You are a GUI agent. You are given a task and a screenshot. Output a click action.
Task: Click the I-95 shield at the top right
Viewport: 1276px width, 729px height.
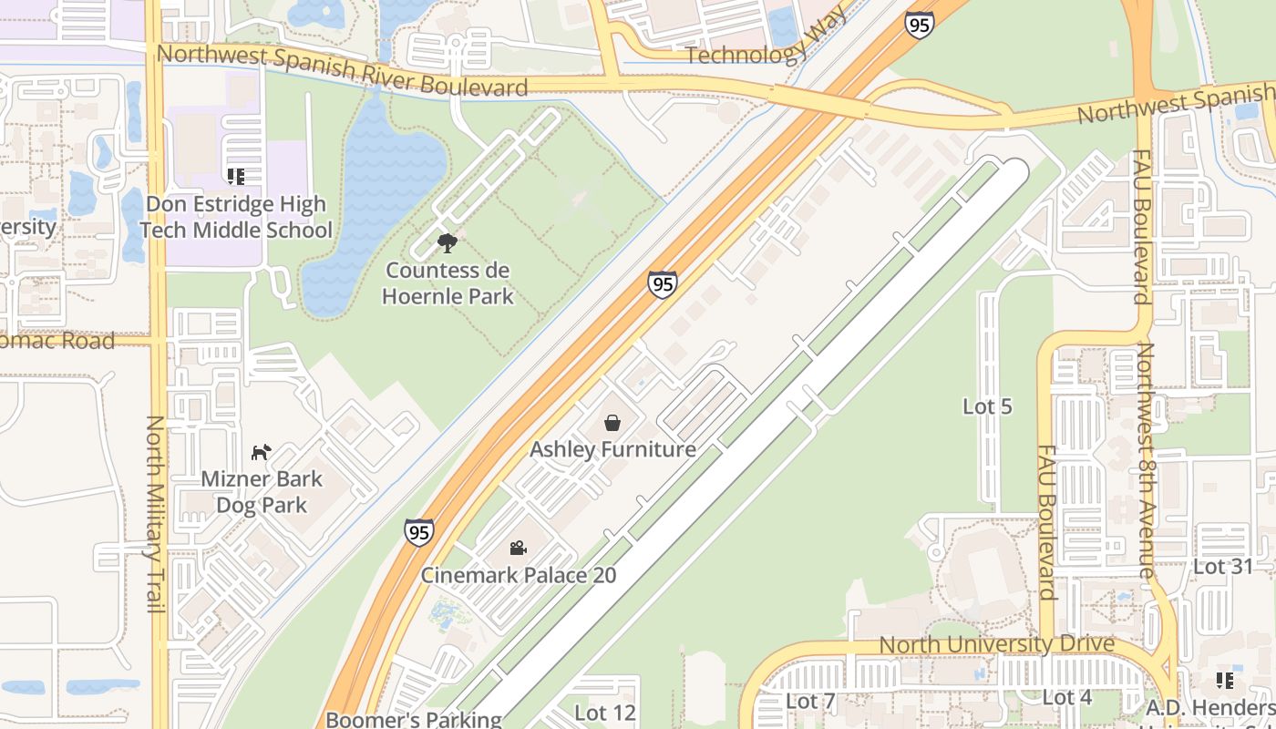click(x=920, y=24)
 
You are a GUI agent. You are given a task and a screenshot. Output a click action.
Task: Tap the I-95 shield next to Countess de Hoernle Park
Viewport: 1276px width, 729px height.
click(x=663, y=283)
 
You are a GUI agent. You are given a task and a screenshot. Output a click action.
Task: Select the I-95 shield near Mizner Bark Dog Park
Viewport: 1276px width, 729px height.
click(x=419, y=531)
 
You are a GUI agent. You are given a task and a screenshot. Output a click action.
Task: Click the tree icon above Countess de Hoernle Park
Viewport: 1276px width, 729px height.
click(x=447, y=243)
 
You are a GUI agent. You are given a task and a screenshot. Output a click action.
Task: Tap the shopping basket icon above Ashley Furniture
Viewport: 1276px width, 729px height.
click(x=612, y=423)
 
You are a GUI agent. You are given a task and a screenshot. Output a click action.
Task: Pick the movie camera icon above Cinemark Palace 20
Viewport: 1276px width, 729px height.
click(x=518, y=548)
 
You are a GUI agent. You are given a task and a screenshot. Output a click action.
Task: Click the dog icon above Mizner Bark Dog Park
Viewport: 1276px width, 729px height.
click(x=262, y=452)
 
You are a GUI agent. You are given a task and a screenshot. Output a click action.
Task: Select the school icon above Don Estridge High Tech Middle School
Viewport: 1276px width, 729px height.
click(x=236, y=176)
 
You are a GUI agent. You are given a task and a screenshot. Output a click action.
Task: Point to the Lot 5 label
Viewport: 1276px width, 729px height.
click(x=987, y=406)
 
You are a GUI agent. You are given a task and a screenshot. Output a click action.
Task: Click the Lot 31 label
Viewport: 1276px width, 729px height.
click(x=1223, y=567)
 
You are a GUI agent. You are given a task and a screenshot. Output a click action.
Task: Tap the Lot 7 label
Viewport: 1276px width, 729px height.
click(x=809, y=701)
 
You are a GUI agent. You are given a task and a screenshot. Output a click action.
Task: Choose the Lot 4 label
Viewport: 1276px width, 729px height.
click(x=1066, y=698)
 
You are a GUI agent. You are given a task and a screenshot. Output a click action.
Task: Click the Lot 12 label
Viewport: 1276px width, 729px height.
click(x=605, y=712)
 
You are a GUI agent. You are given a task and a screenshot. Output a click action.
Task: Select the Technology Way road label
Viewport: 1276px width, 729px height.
click(x=746, y=54)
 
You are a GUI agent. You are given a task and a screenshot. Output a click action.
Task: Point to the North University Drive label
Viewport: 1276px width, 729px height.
click(x=996, y=644)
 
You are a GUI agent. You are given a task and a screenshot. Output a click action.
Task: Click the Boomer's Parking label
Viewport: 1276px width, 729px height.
click(x=414, y=719)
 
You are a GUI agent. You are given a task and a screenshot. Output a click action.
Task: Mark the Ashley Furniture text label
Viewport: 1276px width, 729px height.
click(x=612, y=449)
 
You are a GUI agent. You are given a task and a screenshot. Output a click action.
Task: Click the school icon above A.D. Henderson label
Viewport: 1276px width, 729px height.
click(x=1224, y=681)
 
